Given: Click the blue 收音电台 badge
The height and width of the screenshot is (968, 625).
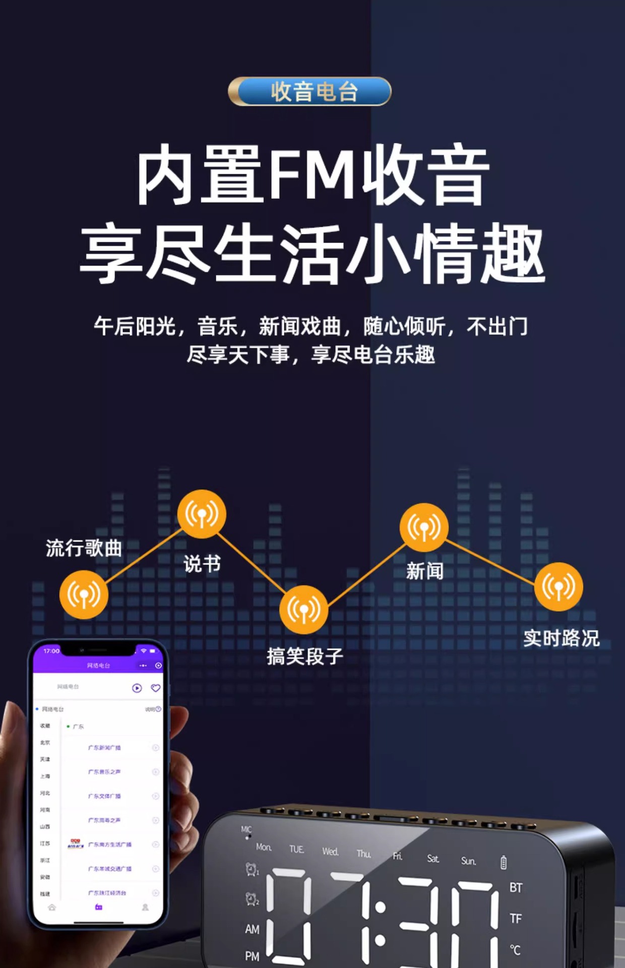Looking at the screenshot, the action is (309, 91).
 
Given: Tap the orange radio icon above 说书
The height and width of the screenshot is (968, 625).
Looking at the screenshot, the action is (202, 514).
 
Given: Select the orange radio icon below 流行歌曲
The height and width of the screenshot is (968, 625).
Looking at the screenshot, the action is (84, 594).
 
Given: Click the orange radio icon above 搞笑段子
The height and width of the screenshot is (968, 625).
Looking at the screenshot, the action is (303, 610).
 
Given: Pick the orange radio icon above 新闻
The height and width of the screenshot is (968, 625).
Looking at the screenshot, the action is (424, 527).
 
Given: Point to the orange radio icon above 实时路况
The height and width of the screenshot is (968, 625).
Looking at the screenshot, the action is (558, 586).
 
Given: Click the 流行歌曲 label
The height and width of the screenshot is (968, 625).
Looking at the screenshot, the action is (84, 548).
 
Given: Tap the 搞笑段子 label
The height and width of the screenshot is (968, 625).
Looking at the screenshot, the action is (305, 656).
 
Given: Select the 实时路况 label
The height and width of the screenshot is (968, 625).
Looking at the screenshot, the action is (561, 638).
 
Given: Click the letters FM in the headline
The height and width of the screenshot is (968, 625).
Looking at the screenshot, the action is (312, 174).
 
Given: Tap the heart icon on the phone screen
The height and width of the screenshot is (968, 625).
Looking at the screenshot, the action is (156, 688).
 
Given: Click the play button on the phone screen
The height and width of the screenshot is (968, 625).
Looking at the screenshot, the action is (137, 688).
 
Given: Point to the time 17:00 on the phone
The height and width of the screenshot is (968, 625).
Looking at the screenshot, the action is (51, 651).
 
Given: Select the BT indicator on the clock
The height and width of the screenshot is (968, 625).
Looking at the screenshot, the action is (516, 888).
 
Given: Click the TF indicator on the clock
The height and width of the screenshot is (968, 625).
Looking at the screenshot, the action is (515, 919).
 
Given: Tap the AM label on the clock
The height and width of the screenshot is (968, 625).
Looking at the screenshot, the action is (252, 929).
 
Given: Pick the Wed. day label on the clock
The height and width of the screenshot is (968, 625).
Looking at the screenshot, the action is (330, 852).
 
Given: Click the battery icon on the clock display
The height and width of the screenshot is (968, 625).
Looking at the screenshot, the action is (503, 863).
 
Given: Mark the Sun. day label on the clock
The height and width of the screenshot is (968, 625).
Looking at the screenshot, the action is (468, 861).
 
